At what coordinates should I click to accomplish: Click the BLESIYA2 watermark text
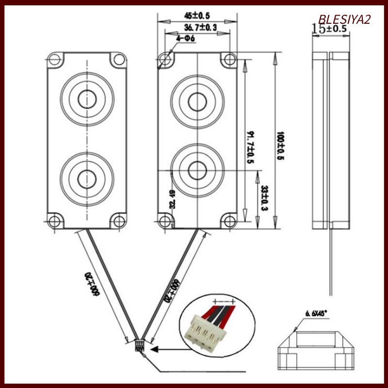click(x=344, y=19)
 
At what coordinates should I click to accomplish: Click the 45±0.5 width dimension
click(x=197, y=16)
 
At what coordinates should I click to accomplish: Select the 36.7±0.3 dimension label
click(x=196, y=28)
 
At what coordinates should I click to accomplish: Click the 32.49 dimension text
click(x=173, y=199)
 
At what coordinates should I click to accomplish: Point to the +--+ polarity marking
click(x=224, y=302)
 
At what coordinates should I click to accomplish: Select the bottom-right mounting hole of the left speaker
click(x=118, y=221)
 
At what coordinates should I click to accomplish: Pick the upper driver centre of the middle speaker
click(x=197, y=101)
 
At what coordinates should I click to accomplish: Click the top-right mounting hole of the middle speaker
click(x=228, y=59)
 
